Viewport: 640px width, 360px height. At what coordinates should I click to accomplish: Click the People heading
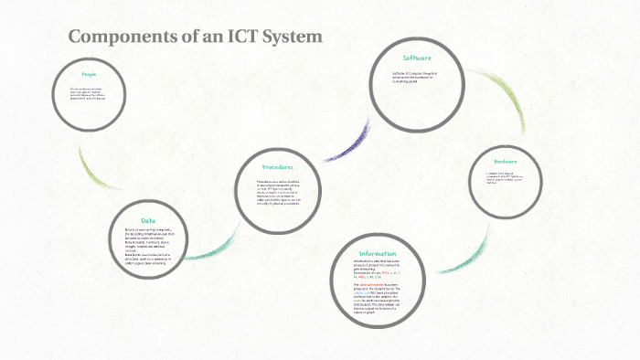89,74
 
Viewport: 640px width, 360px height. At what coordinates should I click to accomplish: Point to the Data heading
147,220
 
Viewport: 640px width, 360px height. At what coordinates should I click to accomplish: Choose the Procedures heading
276,167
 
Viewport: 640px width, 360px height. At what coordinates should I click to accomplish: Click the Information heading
377,254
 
